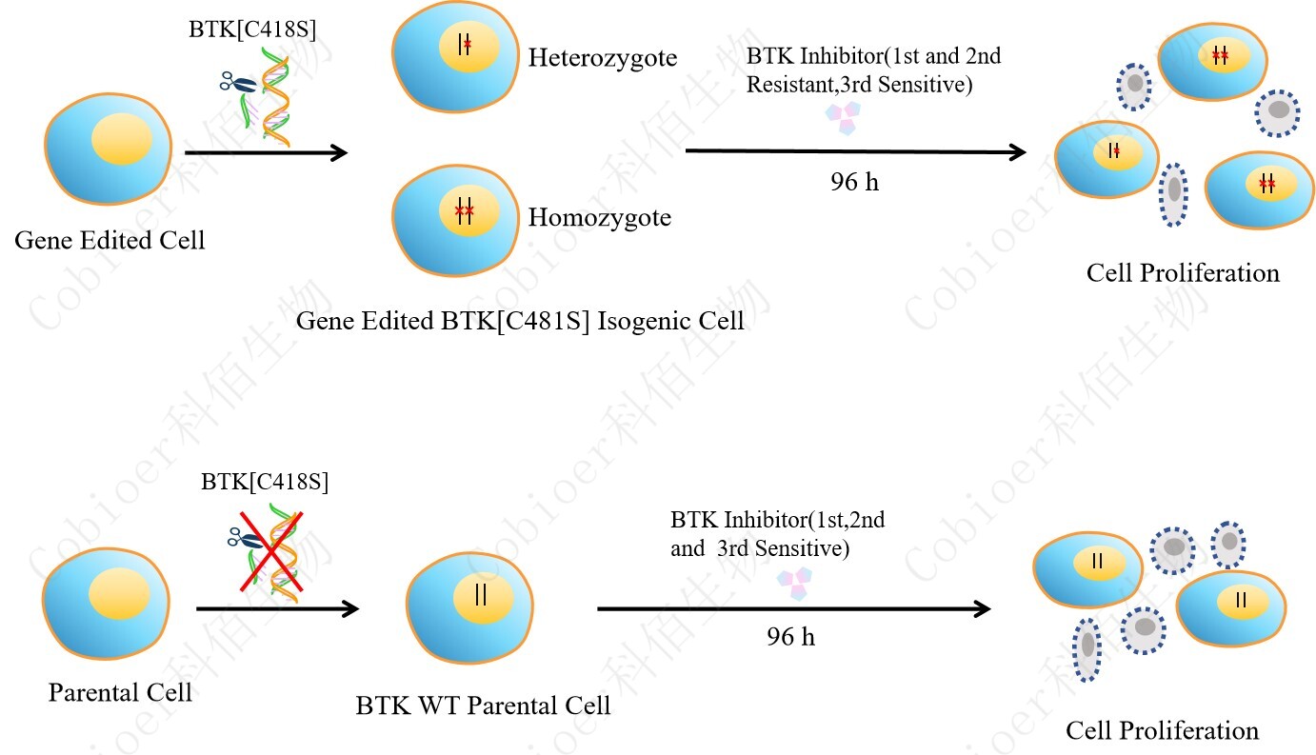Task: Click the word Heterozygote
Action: (x=602, y=58)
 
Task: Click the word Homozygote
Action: (x=599, y=218)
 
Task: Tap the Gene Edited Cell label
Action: (x=110, y=240)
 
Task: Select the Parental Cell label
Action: (x=120, y=692)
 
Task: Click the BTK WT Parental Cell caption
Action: (x=483, y=705)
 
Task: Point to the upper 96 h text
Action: (x=854, y=182)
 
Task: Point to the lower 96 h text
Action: (x=790, y=637)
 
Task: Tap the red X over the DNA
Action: (x=266, y=551)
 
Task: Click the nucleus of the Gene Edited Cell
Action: (x=120, y=139)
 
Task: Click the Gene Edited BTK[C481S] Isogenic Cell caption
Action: (x=520, y=321)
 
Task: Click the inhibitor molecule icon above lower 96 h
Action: (x=794, y=582)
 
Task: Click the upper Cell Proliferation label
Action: (x=1183, y=273)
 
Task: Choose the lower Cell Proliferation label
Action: (x=1162, y=730)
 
